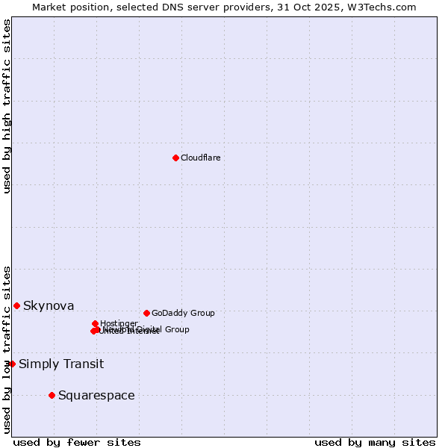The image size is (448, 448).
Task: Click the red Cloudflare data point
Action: point(175,158)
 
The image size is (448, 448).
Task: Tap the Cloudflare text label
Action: point(201,158)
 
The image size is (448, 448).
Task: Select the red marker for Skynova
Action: point(16,305)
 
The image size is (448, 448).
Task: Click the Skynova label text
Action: point(49,305)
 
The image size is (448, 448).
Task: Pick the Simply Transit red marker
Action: point(12,364)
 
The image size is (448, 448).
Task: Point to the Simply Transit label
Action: point(61,364)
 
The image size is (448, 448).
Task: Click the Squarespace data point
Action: point(52,395)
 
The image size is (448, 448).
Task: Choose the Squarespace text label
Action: point(96,395)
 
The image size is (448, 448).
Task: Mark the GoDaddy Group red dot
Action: point(146,313)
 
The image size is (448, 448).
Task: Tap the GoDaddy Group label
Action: point(183,313)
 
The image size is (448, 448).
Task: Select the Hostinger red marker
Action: point(95,323)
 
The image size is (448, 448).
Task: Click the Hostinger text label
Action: point(119,323)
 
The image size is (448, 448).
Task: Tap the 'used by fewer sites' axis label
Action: point(77,442)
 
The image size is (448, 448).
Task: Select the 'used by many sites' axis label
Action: point(375,442)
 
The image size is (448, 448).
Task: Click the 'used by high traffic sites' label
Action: point(7,106)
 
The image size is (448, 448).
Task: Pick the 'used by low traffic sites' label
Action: point(7,349)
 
